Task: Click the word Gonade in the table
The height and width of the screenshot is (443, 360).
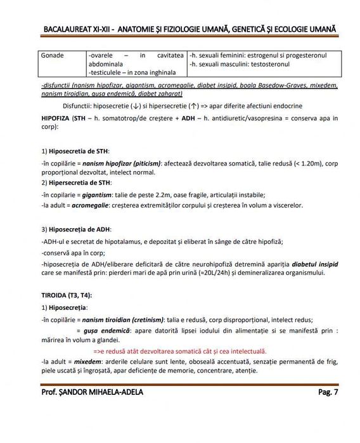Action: tap(52, 56)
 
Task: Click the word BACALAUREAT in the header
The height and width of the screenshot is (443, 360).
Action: tap(69, 30)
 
